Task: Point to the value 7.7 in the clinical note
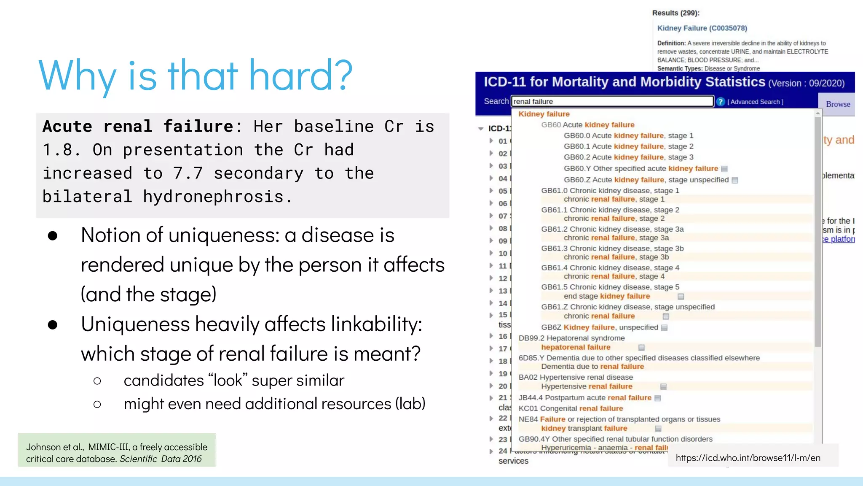[188, 173]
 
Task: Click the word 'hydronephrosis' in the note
[213, 197]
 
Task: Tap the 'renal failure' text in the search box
[533, 102]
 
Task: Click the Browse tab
[838, 104]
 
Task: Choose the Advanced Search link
[756, 102]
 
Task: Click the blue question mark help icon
[720, 102]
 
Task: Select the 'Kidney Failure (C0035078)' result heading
[702, 28]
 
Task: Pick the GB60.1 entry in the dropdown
[628, 146]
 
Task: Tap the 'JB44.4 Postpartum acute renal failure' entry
[585, 398]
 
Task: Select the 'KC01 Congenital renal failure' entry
[571, 408]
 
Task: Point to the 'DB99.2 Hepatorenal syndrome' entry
[571, 338]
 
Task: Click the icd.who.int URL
[748, 458]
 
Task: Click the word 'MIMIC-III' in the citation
[108, 447]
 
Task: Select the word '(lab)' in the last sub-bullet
[410, 404]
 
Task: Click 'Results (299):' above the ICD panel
[675, 13]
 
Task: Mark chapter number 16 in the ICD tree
[503, 336]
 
